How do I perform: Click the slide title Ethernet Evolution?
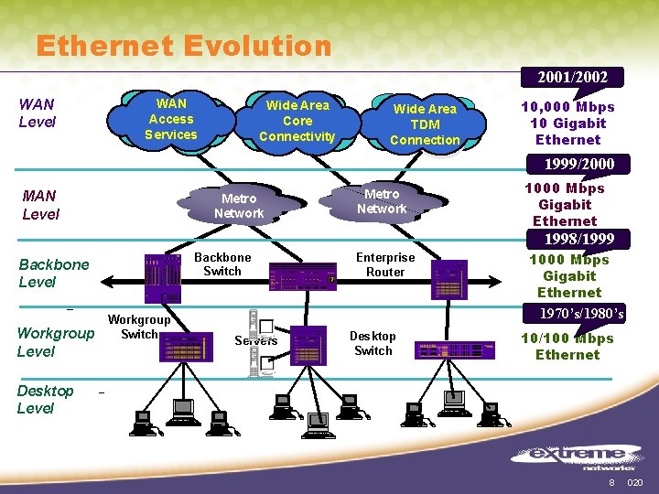coord(183,45)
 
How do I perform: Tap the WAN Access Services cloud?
coord(171,120)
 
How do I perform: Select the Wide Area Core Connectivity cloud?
coord(297,121)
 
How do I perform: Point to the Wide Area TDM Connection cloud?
coord(425,124)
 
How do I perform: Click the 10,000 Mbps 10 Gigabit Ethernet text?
coord(567,123)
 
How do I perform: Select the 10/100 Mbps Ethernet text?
coord(567,347)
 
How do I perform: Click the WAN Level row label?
coord(37,113)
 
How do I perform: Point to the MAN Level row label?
coord(40,205)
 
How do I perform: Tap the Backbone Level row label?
coord(54,273)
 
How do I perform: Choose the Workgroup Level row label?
coord(55,341)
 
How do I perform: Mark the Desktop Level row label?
coord(45,399)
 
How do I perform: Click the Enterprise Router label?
coord(385,264)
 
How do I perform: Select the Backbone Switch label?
coord(222,264)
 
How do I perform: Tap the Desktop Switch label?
coord(373,343)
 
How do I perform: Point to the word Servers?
coord(255,341)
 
